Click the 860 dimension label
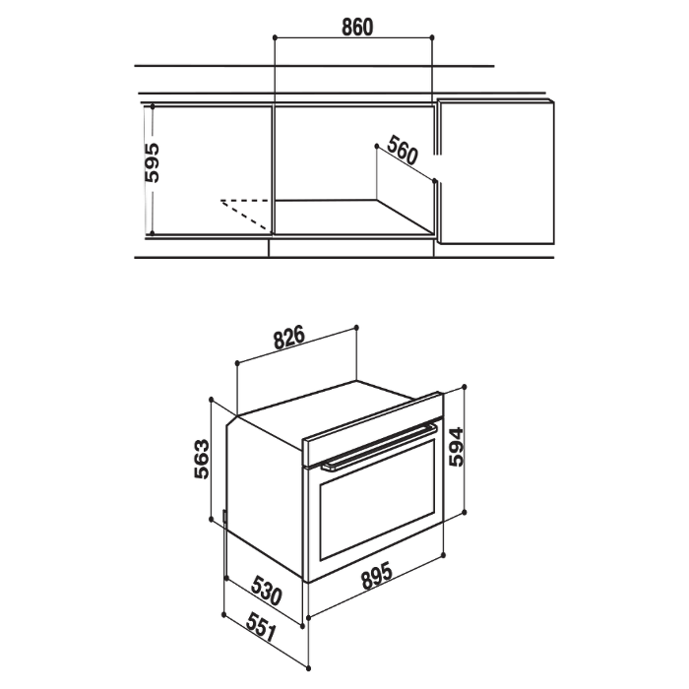357,28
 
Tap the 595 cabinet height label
152,162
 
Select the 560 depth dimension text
402,150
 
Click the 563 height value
202,459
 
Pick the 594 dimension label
456,447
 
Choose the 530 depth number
267,591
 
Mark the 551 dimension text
262,628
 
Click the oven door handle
379,448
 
